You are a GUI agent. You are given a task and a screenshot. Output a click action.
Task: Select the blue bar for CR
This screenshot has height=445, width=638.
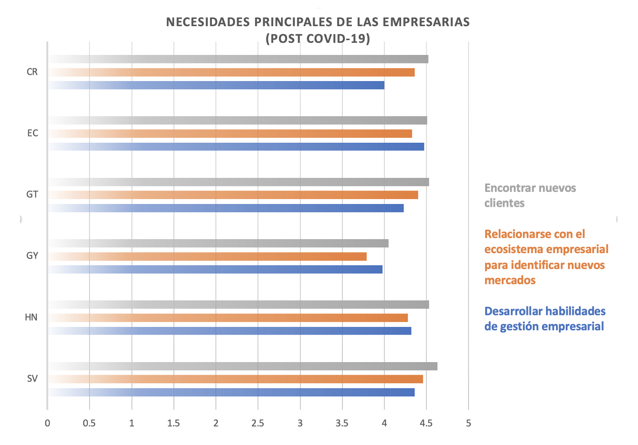point(216,85)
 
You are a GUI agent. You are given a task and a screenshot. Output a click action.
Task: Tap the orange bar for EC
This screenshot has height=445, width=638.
point(230,134)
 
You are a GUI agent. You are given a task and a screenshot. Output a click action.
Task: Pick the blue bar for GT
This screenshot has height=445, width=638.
point(225,208)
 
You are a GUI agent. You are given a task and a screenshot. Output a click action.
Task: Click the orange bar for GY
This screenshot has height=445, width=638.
point(207,256)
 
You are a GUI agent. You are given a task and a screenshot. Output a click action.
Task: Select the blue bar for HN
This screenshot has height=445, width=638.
point(230,331)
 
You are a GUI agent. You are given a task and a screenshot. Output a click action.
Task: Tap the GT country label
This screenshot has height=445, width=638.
point(32,195)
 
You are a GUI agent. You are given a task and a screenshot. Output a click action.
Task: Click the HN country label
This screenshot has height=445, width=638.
point(31,317)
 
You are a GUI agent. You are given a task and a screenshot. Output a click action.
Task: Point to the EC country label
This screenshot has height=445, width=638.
point(32,133)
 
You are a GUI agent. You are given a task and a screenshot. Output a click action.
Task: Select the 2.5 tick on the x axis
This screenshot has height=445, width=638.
point(258,423)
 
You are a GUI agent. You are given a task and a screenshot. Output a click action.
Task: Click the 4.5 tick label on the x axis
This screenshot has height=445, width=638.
point(426,423)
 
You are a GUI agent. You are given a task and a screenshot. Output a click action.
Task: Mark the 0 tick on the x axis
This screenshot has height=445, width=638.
point(47,423)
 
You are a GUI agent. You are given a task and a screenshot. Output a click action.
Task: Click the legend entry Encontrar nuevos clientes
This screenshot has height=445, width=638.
point(530,195)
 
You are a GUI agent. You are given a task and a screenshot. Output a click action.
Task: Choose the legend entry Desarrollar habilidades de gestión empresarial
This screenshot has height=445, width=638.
point(544,318)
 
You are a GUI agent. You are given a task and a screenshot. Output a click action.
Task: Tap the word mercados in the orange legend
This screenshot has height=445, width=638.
point(510,280)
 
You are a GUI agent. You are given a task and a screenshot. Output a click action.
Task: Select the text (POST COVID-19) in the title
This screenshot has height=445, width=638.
point(318,39)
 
